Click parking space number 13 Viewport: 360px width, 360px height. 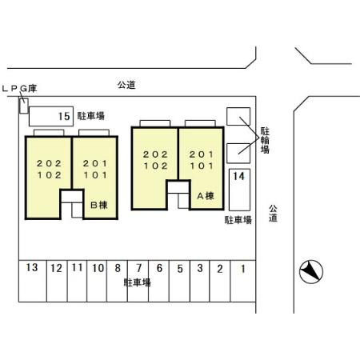click(33, 281)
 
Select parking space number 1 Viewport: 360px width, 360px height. click(242, 281)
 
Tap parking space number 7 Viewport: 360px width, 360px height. click(138, 281)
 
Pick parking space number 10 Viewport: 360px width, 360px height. click(97, 281)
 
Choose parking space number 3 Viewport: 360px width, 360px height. click(200, 281)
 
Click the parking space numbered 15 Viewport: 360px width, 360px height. click(51, 116)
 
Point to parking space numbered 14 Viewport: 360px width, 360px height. click(239, 190)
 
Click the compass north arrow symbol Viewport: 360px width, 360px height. click(311, 272)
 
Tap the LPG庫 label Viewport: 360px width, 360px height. click(19, 89)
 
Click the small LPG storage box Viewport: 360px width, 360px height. click(24, 106)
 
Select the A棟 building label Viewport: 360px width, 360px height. click(206, 196)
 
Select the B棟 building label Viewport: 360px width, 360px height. click(99, 205)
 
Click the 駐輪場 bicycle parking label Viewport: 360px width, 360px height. click(265, 140)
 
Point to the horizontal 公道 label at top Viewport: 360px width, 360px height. click(126, 85)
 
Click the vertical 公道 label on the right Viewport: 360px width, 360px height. click(273, 214)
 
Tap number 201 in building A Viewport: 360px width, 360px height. click(202, 154)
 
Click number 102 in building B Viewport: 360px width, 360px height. click(50, 175)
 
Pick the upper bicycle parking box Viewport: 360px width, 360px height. click(238, 116)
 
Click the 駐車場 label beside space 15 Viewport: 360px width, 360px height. click(91, 116)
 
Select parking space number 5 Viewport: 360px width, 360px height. click(179, 281)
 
